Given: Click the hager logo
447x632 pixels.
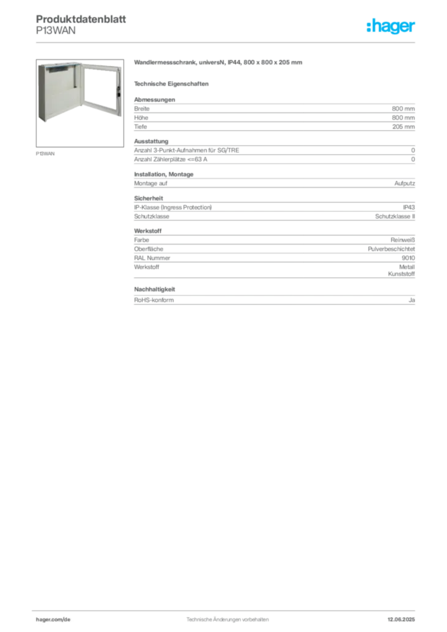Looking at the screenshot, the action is tap(390, 26).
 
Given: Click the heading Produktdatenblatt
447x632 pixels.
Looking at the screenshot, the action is tap(81, 19).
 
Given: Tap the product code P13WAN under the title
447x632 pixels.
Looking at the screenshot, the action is tap(56, 31).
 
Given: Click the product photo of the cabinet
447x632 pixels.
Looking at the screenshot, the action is tap(80, 103).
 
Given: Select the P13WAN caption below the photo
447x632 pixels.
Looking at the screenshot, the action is tap(45, 154).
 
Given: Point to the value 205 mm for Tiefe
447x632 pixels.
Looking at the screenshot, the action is tap(403, 127).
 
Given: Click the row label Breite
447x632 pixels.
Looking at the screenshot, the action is tap(141, 109).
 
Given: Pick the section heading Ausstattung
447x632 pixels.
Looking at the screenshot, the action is tap(151, 141).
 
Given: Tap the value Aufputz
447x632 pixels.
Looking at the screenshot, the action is tap(404, 183).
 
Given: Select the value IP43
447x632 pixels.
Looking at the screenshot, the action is tap(409, 207).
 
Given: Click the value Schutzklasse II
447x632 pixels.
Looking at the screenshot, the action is tap(395, 217).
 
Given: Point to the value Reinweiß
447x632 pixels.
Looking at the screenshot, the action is tap(403, 240).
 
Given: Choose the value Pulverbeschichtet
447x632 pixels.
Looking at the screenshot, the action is tap(391, 249).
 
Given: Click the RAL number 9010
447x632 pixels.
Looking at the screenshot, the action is tap(408, 258).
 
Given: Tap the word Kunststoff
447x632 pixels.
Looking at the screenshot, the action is tap(401, 274).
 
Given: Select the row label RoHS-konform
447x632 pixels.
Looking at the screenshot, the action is tap(154, 300).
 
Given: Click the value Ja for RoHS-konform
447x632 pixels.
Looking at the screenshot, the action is tap(412, 300).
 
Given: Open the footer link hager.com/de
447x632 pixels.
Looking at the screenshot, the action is tap(53, 620).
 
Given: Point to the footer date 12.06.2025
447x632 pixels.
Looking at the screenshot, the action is tap(401, 620).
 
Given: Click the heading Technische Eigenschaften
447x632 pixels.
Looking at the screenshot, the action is tap(171, 84).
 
